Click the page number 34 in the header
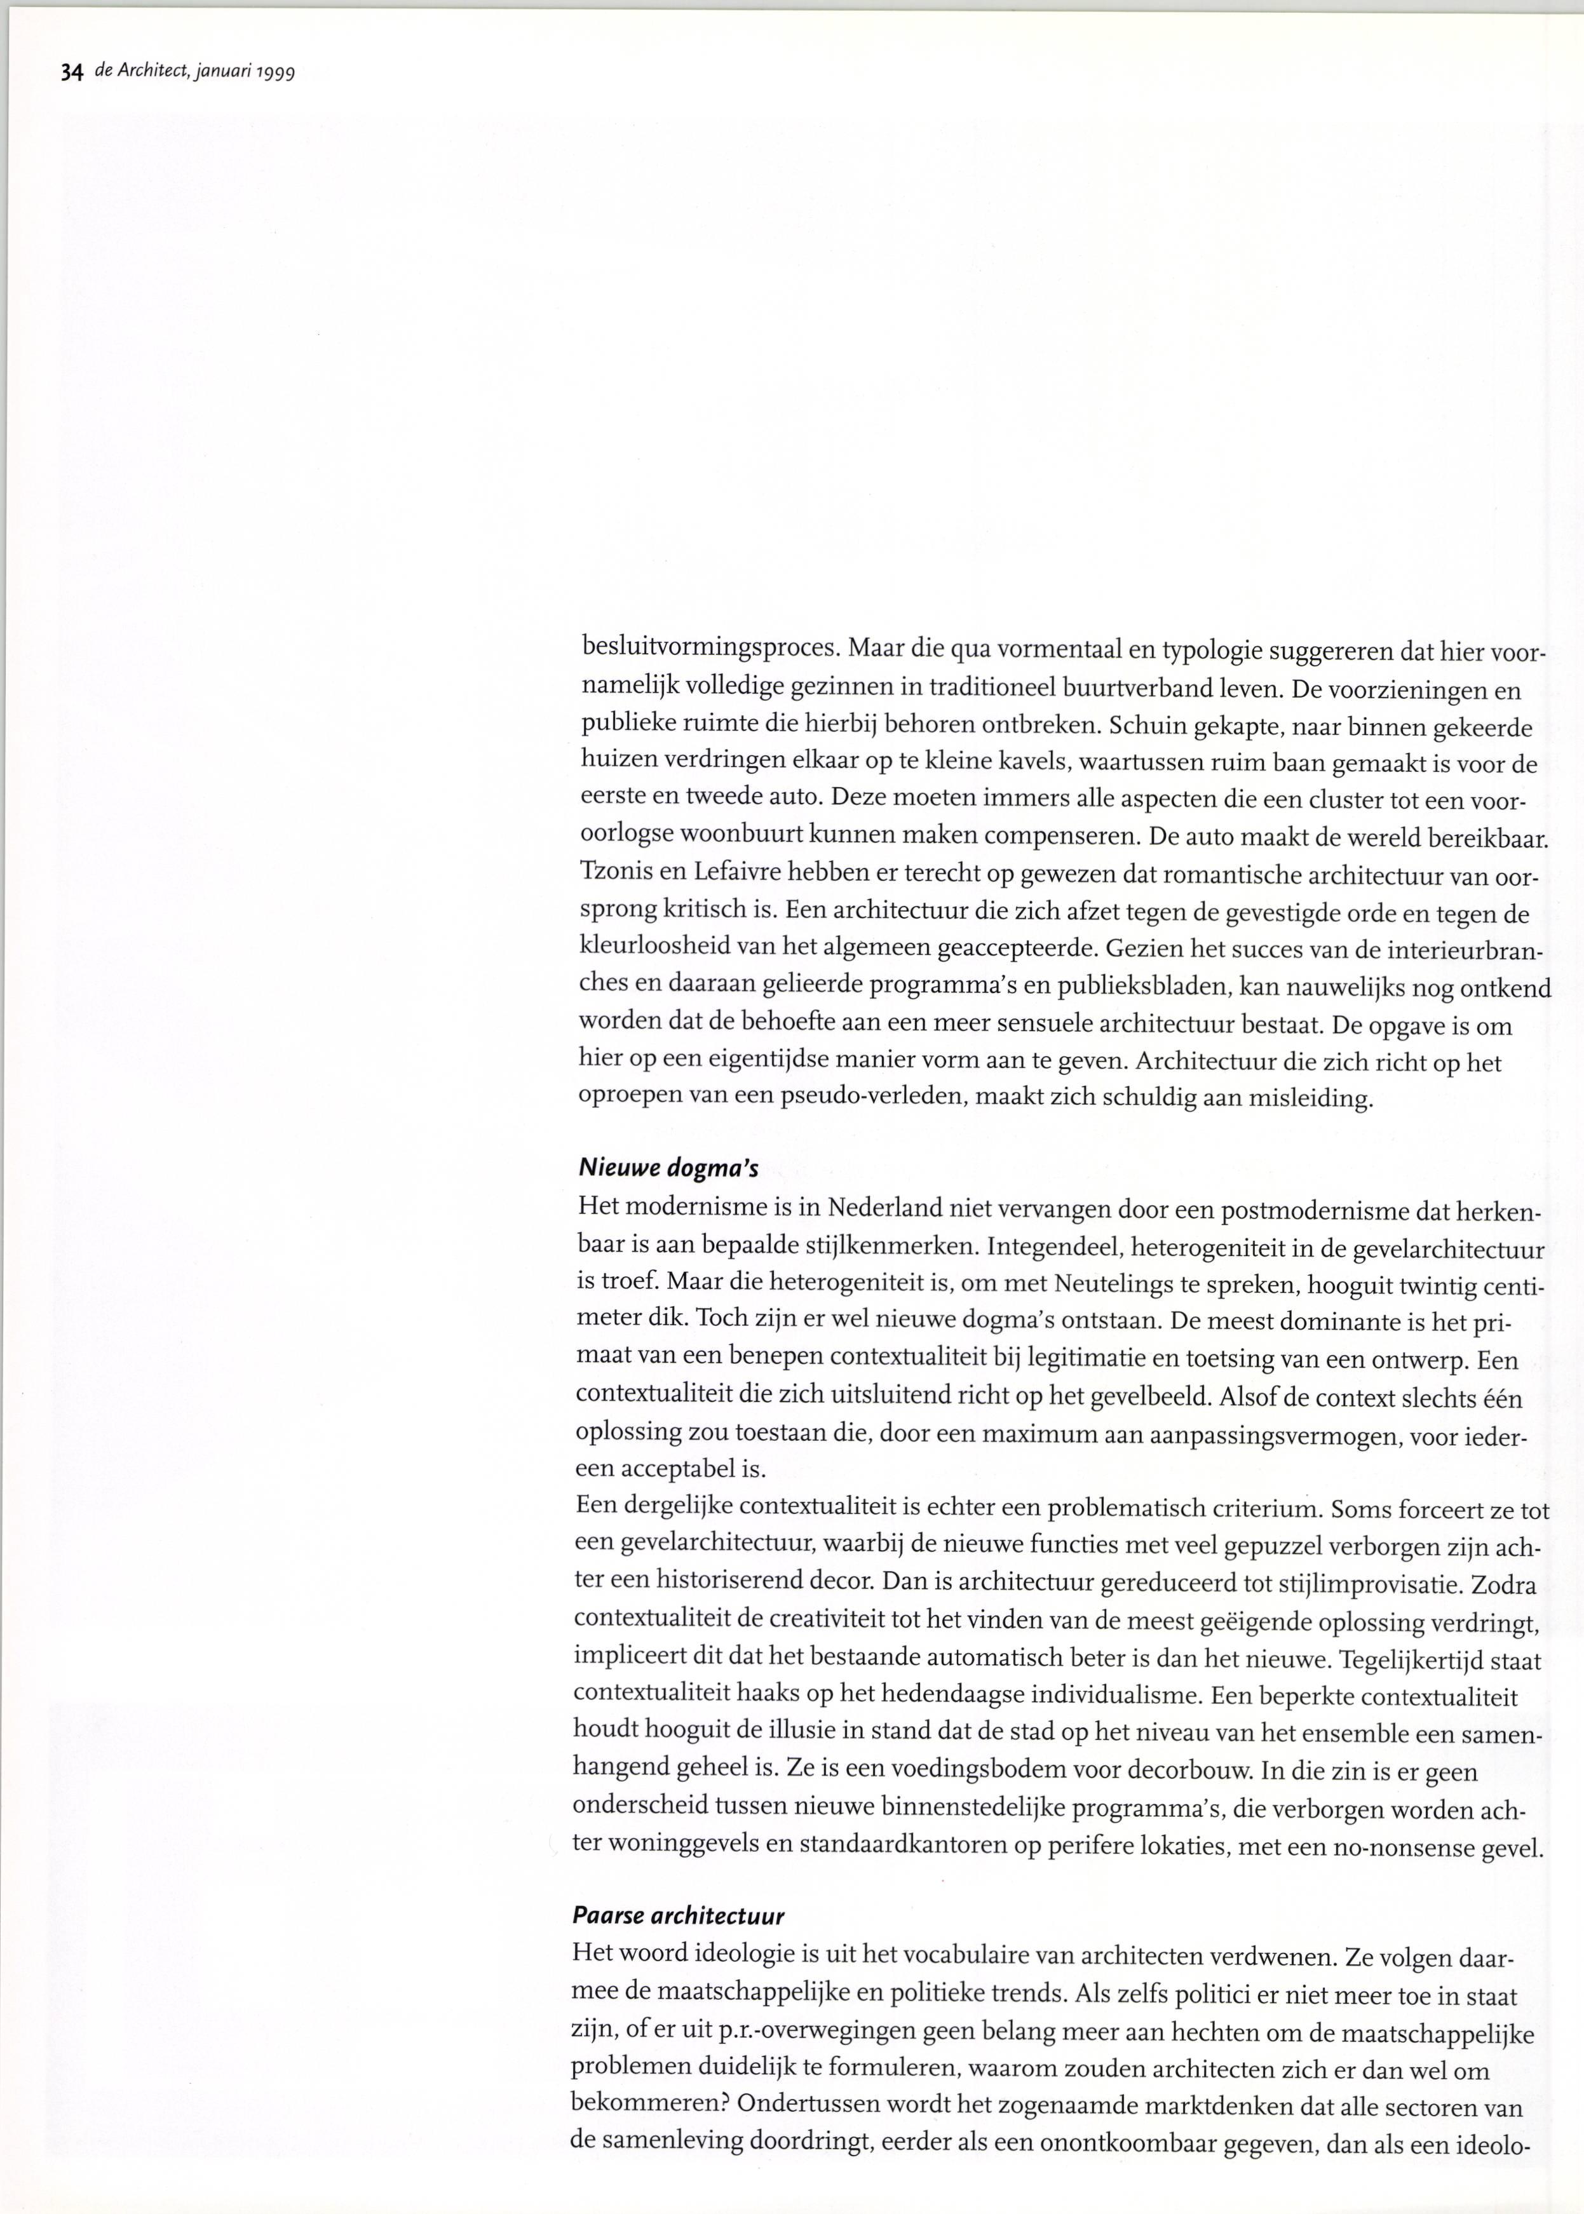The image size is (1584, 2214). [x=71, y=72]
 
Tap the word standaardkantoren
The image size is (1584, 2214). [x=906, y=1846]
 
